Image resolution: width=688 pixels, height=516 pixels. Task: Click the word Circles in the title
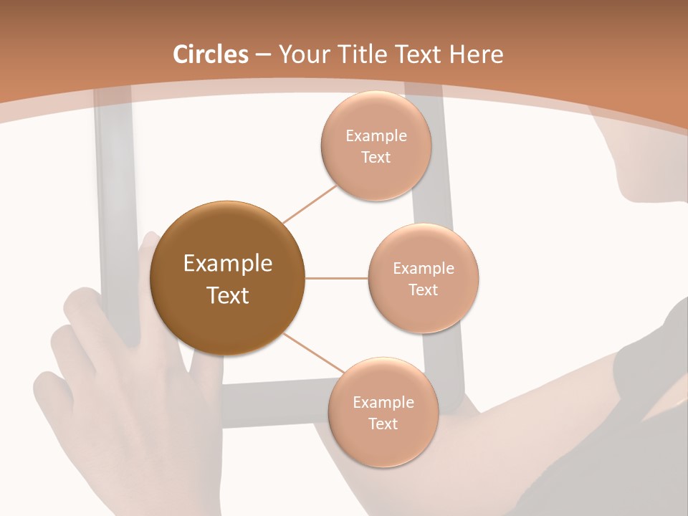pyautogui.click(x=211, y=54)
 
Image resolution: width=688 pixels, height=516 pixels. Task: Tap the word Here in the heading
pyautogui.click(x=476, y=54)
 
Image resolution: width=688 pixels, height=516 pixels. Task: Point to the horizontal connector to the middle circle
pyautogui.click(x=336, y=278)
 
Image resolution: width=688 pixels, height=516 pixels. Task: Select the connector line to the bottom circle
pyautogui.click(x=313, y=353)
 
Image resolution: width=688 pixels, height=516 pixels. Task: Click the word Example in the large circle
pyautogui.click(x=227, y=264)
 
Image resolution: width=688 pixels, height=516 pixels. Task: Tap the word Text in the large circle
pyautogui.click(x=227, y=295)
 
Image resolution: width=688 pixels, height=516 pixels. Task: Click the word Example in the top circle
pyautogui.click(x=376, y=136)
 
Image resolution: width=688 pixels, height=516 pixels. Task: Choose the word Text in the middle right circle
pyautogui.click(x=423, y=290)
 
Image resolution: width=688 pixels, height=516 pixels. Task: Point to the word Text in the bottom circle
pyautogui.click(x=383, y=424)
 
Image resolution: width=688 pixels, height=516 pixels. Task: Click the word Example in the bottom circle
pyautogui.click(x=383, y=403)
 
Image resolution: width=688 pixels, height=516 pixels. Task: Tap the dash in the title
pyautogui.click(x=263, y=54)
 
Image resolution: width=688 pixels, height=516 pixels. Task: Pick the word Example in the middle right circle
pyautogui.click(x=423, y=269)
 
